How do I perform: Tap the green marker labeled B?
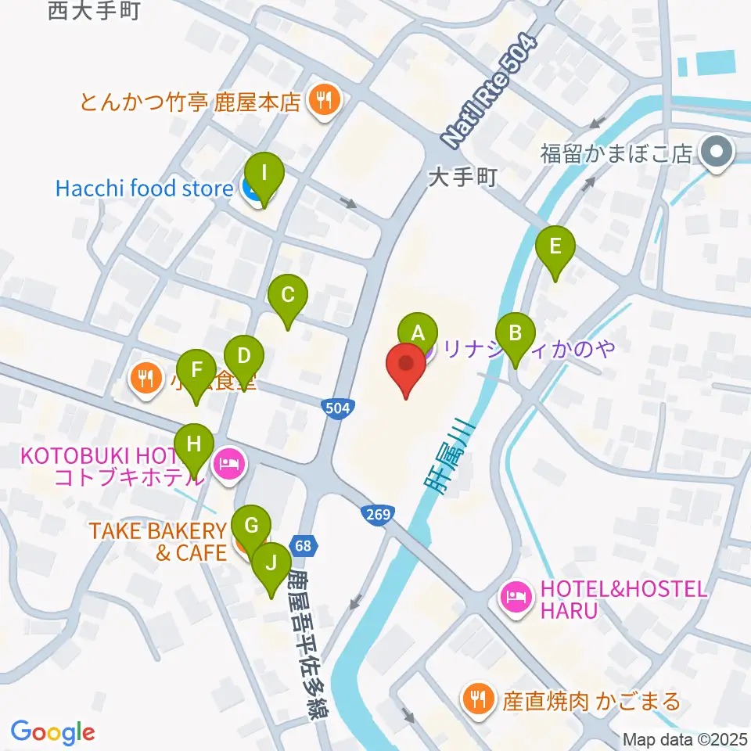click(515, 334)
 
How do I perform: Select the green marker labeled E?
click(555, 248)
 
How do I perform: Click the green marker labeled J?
click(271, 563)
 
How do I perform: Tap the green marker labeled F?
click(196, 370)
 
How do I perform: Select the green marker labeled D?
click(244, 358)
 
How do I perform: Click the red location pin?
click(406, 368)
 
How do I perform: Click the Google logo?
click(52, 732)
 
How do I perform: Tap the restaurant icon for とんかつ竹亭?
click(322, 100)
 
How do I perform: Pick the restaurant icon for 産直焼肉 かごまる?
click(477, 695)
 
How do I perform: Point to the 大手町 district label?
click(463, 178)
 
